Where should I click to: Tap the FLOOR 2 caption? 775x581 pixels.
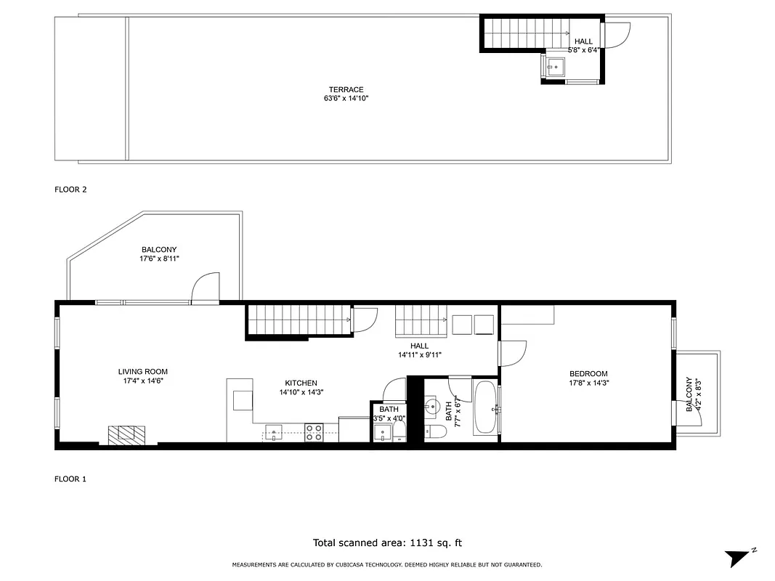coord(70,190)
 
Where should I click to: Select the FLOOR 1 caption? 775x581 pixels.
coord(70,479)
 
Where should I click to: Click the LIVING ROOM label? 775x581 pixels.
coord(143,372)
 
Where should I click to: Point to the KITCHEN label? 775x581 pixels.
coord(301,383)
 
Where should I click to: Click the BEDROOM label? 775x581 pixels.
coord(588,374)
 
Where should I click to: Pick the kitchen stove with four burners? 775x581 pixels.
coord(314,433)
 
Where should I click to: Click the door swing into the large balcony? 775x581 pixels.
coord(206,287)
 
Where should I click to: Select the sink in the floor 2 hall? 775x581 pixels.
coord(555,68)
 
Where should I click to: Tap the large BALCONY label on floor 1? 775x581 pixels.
coord(159,250)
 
